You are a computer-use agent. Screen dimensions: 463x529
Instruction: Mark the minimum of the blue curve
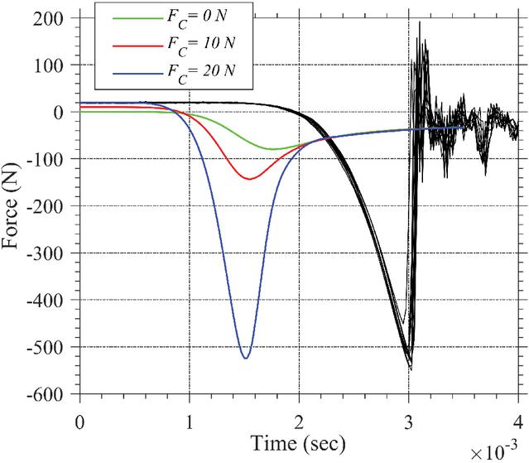coord(245,358)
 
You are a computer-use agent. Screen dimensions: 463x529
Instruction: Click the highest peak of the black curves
coord(420,22)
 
